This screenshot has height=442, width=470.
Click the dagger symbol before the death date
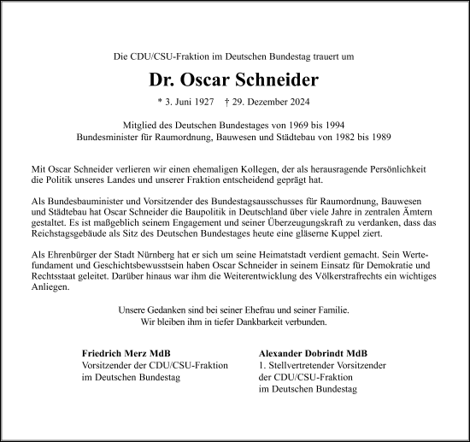click(x=226, y=102)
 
